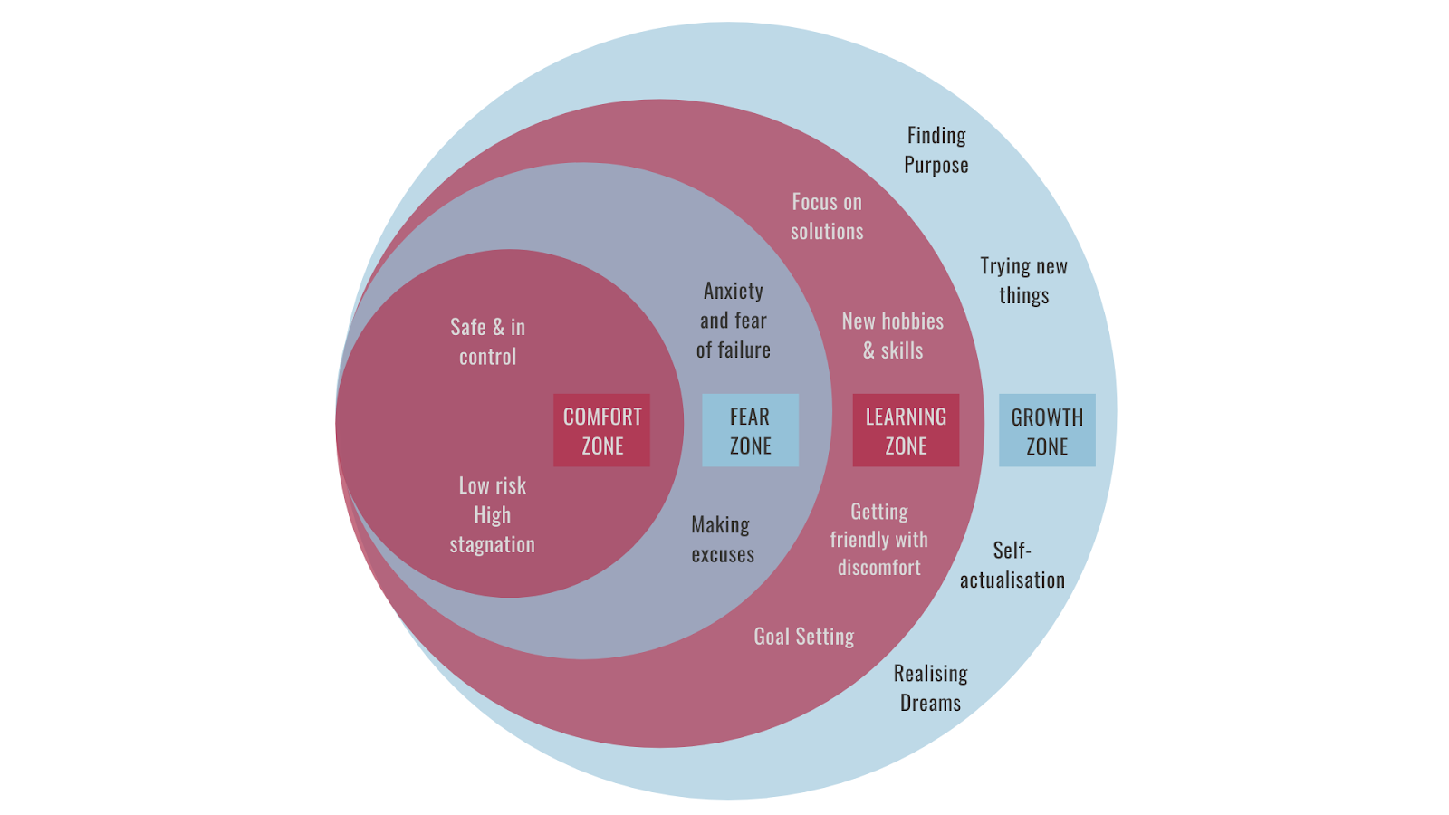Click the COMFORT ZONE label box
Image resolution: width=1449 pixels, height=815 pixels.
pyautogui.click(x=601, y=430)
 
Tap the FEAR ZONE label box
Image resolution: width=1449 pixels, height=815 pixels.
pyautogui.click(x=750, y=430)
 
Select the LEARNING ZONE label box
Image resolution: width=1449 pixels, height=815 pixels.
pyautogui.click(x=906, y=430)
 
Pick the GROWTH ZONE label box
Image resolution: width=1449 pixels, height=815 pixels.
pyautogui.click(x=1047, y=430)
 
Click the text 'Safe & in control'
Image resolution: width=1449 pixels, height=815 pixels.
pyautogui.click(x=488, y=341)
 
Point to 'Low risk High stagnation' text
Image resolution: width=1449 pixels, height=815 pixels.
pyautogui.click(x=493, y=514)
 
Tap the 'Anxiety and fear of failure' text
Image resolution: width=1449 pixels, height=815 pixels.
pyautogui.click(x=734, y=320)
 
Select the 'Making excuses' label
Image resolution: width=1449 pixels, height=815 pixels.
pyautogui.click(x=722, y=539)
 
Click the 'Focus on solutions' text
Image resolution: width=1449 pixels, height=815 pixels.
pyautogui.click(x=827, y=216)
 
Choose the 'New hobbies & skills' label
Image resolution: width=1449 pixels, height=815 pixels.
pyautogui.click(x=893, y=335)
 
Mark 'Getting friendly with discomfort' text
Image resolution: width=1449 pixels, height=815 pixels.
pyautogui.click(x=878, y=539)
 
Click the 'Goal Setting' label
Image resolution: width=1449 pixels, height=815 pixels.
pyautogui.click(x=804, y=637)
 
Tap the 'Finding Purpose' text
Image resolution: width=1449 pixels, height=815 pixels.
pyautogui.click(x=936, y=149)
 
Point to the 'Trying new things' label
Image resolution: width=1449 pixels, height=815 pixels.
pyautogui.click(x=1023, y=281)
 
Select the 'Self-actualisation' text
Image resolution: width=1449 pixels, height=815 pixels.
pyautogui.click(x=1012, y=565)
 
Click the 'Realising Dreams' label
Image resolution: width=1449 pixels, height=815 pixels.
pyautogui.click(x=931, y=687)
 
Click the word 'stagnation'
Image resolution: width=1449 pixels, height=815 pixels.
pyautogui.click(x=493, y=544)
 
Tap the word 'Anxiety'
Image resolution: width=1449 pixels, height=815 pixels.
pyautogui.click(x=734, y=291)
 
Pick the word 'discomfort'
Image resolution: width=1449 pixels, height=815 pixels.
pyautogui.click(x=878, y=568)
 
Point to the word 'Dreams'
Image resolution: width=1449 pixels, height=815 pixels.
pyautogui.click(x=931, y=703)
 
